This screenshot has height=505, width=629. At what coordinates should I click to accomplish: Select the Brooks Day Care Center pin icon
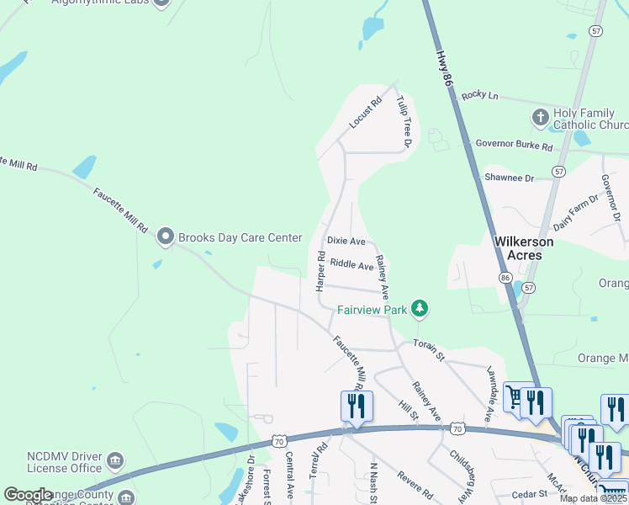click(165, 237)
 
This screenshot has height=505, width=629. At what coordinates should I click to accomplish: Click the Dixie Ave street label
click(346, 241)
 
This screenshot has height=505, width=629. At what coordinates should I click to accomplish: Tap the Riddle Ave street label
click(351, 265)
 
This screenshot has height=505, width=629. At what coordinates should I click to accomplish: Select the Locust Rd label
click(365, 113)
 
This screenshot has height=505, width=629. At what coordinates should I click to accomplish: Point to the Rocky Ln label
click(480, 95)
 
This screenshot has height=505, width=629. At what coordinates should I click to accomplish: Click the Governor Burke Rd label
click(514, 146)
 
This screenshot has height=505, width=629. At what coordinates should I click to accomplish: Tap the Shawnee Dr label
click(510, 178)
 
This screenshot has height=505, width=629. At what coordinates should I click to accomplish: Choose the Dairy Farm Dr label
click(576, 212)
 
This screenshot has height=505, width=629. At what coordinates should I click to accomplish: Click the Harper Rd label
click(320, 270)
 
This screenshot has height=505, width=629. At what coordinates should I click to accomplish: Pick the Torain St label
click(428, 348)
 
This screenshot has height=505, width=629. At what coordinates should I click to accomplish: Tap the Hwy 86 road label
click(445, 67)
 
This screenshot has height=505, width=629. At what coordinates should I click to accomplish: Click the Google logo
click(28, 495)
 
